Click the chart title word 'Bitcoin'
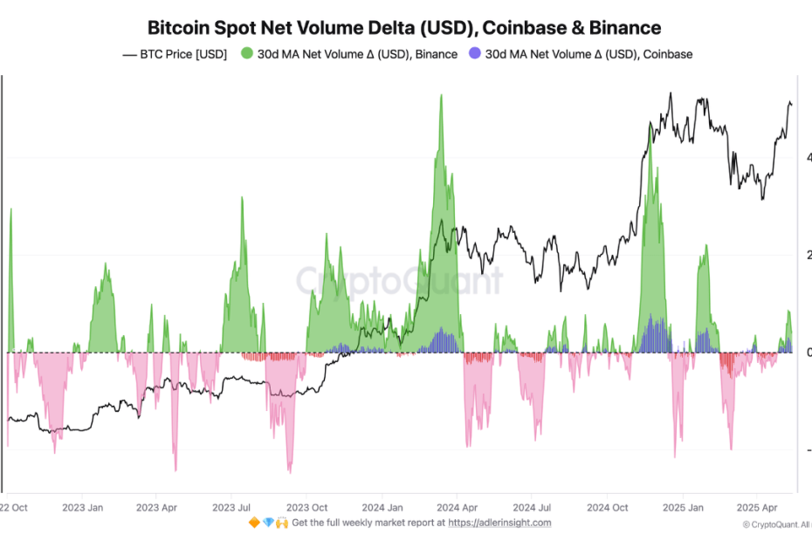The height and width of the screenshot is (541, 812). [x=178, y=28]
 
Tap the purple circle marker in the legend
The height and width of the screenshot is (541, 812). [x=474, y=54]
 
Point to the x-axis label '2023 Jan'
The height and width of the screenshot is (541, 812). [x=84, y=506]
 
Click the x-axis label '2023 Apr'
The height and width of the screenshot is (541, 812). [x=158, y=506]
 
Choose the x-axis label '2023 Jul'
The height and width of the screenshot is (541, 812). [x=233, y=506]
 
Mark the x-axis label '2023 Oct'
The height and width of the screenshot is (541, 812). [x=308, y=506]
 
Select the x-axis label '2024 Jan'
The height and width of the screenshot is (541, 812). [x=383, y=506]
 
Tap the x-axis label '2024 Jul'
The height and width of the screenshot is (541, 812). [x=532, y=506]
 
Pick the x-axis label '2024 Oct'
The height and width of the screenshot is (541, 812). [x=608, y=506]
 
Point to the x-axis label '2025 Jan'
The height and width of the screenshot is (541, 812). [x=683, y=506]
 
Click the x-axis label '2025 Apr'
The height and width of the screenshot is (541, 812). [x=756, y=506]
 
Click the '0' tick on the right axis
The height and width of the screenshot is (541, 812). [x=808, y=353]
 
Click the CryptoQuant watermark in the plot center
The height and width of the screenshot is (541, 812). [x=399, y=281]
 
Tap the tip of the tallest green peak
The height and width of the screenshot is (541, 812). [x=441, y=94]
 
